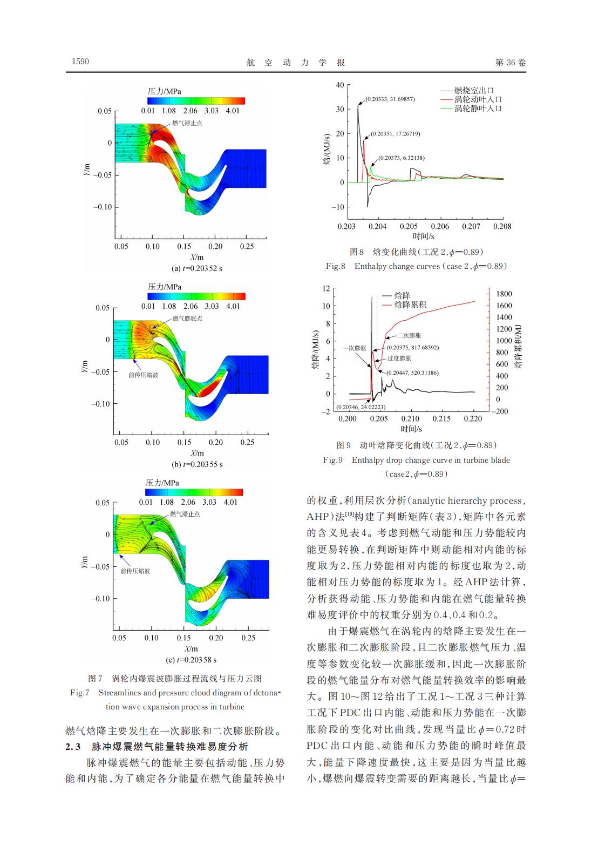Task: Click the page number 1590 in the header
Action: pos(80,62)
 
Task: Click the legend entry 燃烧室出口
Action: pos(474,91)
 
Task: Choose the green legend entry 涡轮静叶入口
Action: pos(478,109)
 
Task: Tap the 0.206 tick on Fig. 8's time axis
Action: pos(439,227)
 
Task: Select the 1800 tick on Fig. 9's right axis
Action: pos(504,294)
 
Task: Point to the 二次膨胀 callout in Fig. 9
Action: pos(409,335)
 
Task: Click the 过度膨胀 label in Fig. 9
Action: pos(399,358)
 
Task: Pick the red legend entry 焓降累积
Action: pos(410,305)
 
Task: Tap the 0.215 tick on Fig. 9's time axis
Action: pos(441,419)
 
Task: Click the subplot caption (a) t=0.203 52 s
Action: pos(196,268)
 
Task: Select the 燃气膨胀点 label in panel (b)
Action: pos(187,319)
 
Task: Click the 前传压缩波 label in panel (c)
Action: pos(135,571)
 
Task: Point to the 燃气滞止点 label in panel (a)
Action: pos(187,123)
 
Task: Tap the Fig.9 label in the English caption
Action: pos(332,460)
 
